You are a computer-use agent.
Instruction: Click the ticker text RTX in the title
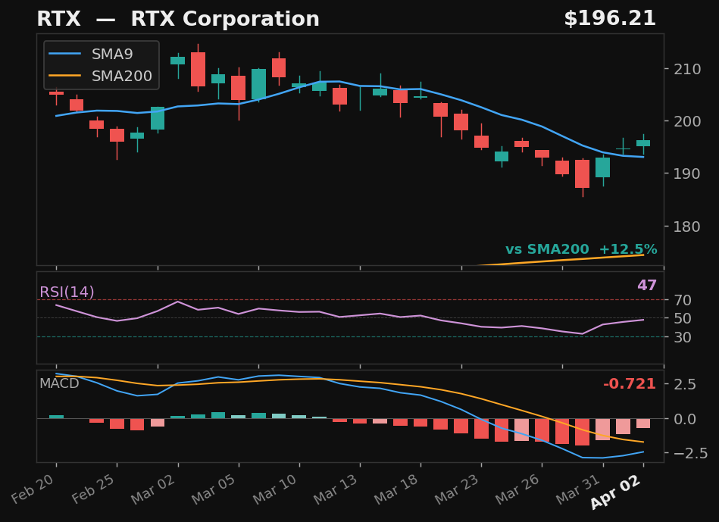tap(54, 20)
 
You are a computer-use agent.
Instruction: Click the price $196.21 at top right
tap(609, 20)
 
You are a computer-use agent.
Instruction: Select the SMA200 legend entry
tap(121, 77)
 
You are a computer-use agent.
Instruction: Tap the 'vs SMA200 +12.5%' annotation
tap(580, 250)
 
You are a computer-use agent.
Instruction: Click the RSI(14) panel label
tap(67, 292)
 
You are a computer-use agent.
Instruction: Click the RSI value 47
tap(646, 286)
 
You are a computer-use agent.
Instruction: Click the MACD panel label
tap(59, 383)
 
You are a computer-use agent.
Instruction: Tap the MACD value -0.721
tap(629, 384)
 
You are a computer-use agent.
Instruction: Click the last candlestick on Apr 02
tap(643, 142)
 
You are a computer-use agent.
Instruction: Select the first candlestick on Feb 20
tap(56, 92)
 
